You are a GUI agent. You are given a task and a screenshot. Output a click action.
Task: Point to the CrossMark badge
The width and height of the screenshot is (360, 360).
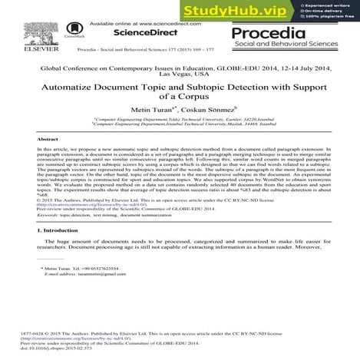coord(76,29)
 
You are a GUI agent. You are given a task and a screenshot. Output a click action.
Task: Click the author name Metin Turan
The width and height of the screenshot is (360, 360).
coord(154,111)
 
